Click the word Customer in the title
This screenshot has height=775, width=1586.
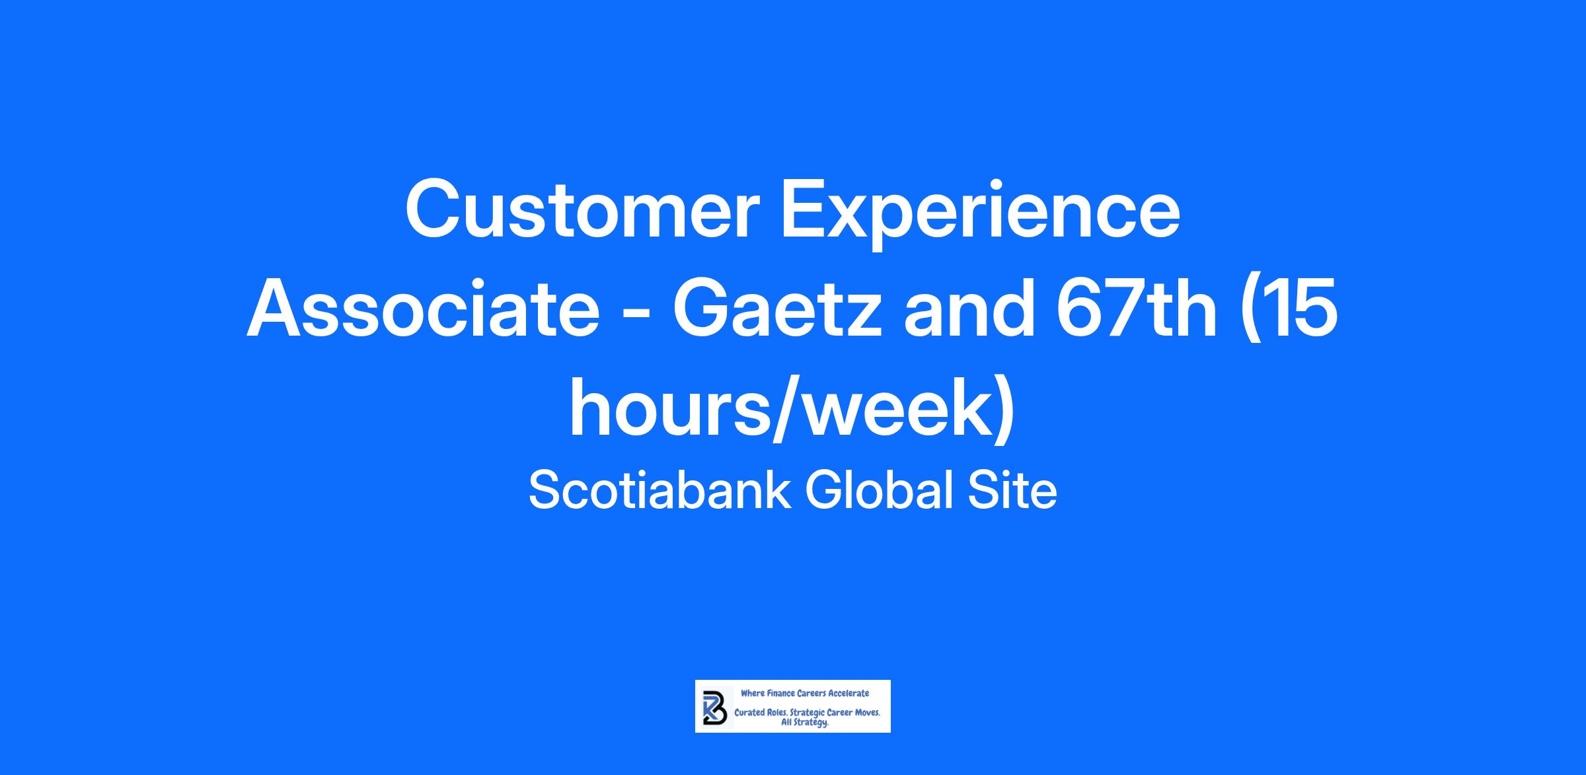pos(582,211)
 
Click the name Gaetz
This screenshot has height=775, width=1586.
pos(777,309)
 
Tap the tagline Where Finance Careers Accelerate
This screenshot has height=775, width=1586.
pos(805,693)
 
